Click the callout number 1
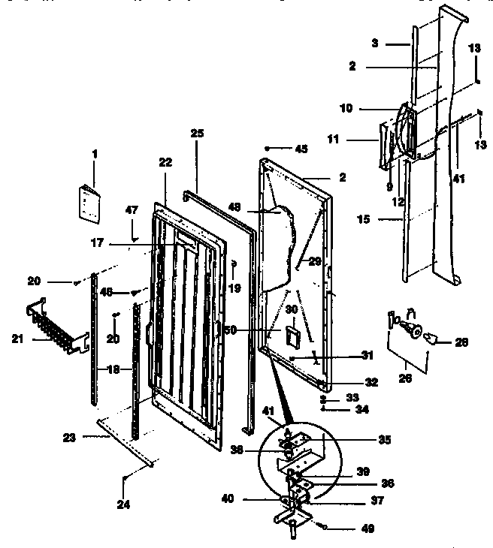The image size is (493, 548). coord(95,153)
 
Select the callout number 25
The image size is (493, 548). coord(197,133)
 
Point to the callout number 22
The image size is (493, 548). coord(166,162)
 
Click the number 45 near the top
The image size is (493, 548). coord(301,149)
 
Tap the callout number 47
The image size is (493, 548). coord(132,211)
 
